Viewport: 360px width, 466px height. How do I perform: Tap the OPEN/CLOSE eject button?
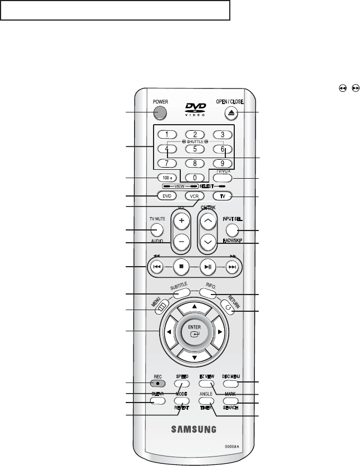(231, 113)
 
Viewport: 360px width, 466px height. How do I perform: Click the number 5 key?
(195, 149)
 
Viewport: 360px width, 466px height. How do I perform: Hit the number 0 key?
(195, 178)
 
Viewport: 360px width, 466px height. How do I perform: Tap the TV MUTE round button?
(157, 229)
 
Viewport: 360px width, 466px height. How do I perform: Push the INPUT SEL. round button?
(233, 229)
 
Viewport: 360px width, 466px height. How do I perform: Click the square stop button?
(181, 267)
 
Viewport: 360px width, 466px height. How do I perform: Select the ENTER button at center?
(195, 332)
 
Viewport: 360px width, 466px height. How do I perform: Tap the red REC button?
(158, 384)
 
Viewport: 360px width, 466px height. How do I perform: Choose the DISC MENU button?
(230, 384)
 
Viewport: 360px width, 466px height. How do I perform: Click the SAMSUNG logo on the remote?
(194, 429)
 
